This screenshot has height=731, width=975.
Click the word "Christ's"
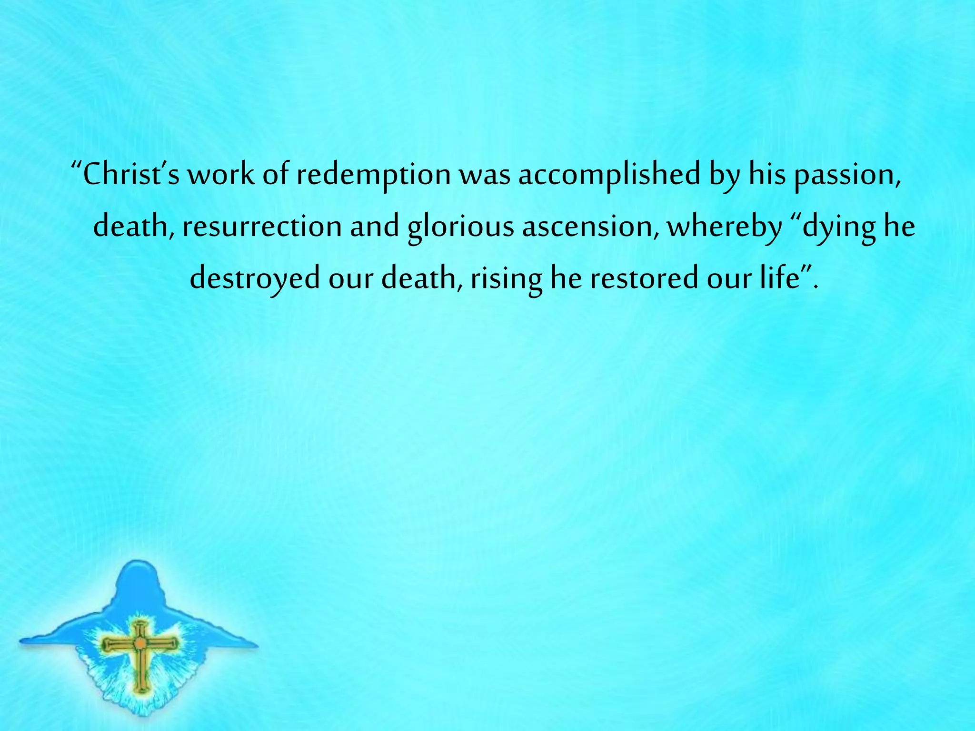tap(130, 175)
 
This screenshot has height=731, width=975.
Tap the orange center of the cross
tap(140, 643)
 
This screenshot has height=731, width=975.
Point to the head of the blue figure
tap(138, 578)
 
